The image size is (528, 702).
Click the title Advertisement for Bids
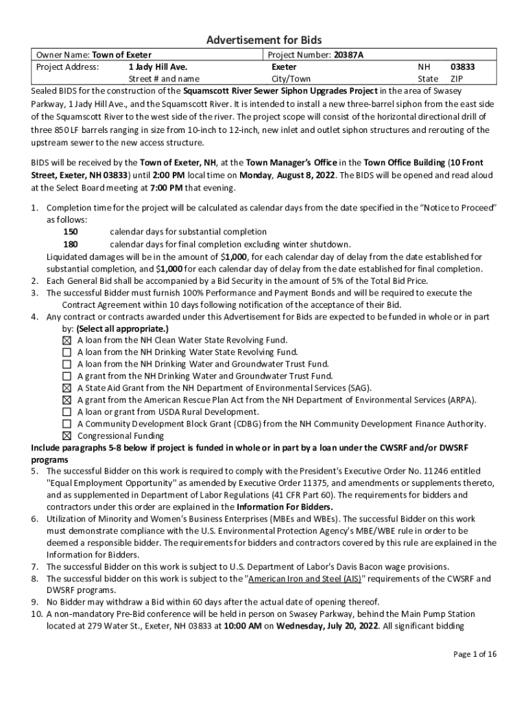(x=264, y=40)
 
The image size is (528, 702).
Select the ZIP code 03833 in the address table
(x=462, y=67)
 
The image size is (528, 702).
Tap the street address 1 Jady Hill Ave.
(x=158, y=67)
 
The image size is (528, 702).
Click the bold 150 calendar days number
(x=71, y=232)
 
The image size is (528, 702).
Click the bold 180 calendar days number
(x=71, y=245)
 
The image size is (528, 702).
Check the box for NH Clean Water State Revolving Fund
(x=67, y=341)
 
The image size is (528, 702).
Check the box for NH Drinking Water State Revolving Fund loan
(x=67, y=352)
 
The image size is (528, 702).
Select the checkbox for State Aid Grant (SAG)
(x=67, y=388)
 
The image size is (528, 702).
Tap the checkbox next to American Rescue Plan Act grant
(x=67, y=400)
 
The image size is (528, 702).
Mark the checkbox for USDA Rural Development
(x=67, y=412)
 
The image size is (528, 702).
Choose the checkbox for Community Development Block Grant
(x=67, y=424)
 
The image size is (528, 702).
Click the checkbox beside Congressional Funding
(x=67, y=436)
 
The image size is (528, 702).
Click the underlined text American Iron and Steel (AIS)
(x=305, y=579)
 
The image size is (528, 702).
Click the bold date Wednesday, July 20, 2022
(x=327, y=627)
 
